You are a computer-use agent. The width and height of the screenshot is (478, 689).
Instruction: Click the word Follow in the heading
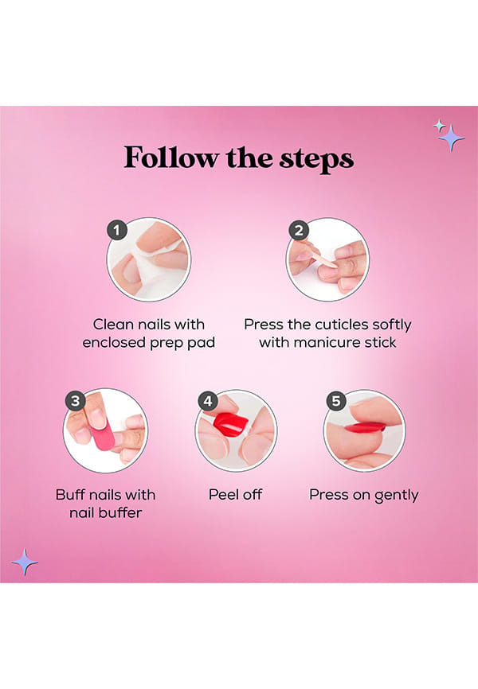click(x=170, y=158)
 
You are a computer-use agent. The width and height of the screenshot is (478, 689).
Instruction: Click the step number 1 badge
click(x=116, y=230)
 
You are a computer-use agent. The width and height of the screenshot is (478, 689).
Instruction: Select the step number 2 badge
click(x=299, y=230)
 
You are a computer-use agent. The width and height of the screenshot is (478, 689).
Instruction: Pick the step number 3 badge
click(x=76, y=401)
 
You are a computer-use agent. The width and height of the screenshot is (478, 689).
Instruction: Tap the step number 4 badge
click(x=208, y=401)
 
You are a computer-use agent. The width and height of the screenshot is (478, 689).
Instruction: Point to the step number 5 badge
click(x=336, y=401)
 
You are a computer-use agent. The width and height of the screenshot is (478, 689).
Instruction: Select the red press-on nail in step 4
click(x=231, y=423)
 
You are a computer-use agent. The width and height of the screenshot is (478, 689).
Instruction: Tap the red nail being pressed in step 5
click(x=365, y=427)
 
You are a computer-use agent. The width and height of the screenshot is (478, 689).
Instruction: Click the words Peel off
click(x=236, y=495)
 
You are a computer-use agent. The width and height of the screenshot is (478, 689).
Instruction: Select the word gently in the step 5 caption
click(x=396, y=496)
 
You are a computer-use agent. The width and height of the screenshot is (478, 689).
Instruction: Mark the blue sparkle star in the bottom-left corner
click(x=25, y=562)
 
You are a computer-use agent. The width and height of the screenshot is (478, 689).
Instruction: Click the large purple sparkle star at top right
click(x=451, y=138)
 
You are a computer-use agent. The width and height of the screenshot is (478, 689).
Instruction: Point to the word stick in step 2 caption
click(x=380, y=342)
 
